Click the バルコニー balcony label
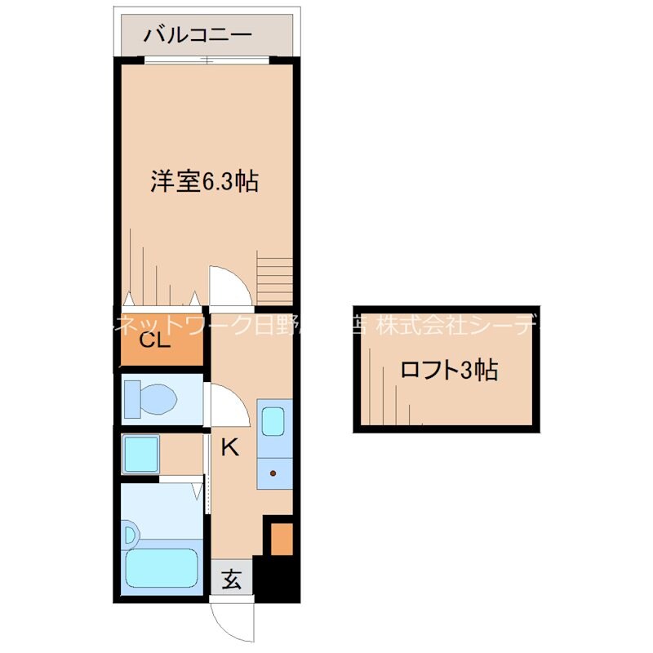click(x=198, y=35)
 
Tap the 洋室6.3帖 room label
click(x=204, y=180)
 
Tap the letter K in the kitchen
click(x=231, y=446)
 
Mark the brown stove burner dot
click(x=273, y=473)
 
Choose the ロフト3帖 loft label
click(x=448, y=370)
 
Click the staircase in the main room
click(x=275, y=277)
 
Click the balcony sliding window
click(x=206, y=60)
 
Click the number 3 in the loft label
click(x=466, y=370)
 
